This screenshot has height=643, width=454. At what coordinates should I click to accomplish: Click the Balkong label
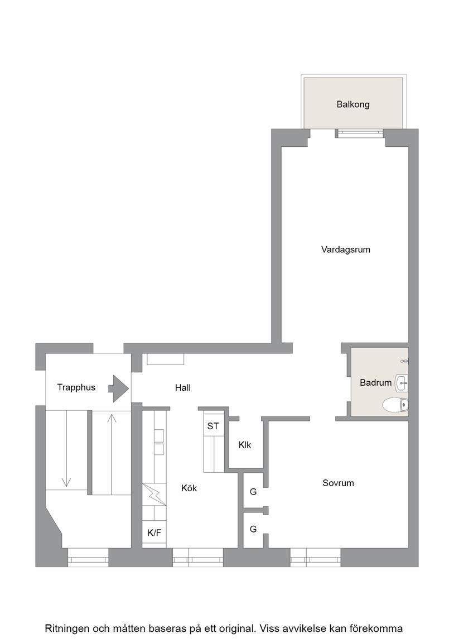click(x=353, y=104)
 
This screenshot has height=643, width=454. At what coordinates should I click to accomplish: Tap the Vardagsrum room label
click(x=345, y=249)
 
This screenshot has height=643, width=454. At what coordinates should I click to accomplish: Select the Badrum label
click(x=376, y=382)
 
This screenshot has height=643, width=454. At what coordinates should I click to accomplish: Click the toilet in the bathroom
click(x=395, y=405)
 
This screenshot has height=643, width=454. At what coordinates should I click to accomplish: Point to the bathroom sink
click(x=401, y=382)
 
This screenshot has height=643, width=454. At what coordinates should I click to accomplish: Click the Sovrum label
click(x=338, y=483)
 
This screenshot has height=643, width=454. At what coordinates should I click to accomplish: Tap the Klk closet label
click(x=245, y=445)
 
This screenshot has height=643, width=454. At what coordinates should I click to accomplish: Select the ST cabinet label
click(x=213, y=426)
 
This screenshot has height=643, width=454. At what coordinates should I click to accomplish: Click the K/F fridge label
click(x=154, y=532)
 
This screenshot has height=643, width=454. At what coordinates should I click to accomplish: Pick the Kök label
click(x=189, y=488)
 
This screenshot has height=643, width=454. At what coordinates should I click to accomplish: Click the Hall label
click(x=183, y=387)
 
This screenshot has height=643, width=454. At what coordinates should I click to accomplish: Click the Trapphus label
click(x=76, y=387)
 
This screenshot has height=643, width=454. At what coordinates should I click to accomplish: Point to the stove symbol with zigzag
click(x=154, y=495)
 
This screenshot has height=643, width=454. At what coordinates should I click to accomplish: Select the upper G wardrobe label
click(x=253, y=491)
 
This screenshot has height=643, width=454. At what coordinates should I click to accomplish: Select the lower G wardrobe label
click(x=253, y=529)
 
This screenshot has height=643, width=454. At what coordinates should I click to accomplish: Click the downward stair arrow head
click(x=66, y=482)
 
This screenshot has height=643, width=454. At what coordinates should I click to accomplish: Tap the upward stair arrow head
click(x=112, y=418)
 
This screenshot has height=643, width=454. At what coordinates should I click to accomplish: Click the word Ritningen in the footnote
click(x=67, y=628)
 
